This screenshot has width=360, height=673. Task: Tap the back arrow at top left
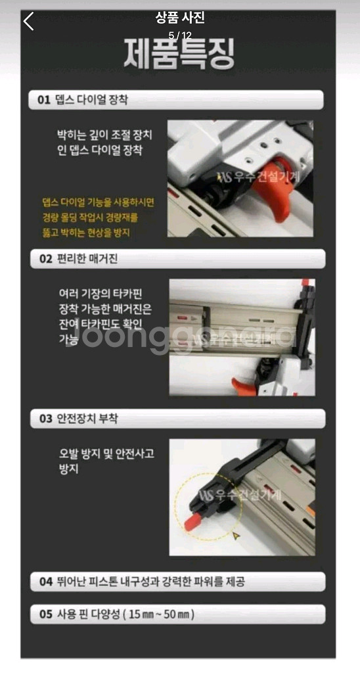[28, 22]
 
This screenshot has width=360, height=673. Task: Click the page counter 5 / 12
[179, 35]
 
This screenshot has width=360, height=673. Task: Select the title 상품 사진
[179, 18]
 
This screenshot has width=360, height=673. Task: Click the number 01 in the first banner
[44, 100]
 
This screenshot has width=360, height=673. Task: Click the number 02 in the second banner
[45, 258]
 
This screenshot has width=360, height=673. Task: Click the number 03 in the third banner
[45, 419]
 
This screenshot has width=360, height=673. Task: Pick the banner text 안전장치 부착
[87, 419]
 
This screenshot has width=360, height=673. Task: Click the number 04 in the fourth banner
[45, 582]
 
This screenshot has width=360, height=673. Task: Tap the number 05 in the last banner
[45, 615]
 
